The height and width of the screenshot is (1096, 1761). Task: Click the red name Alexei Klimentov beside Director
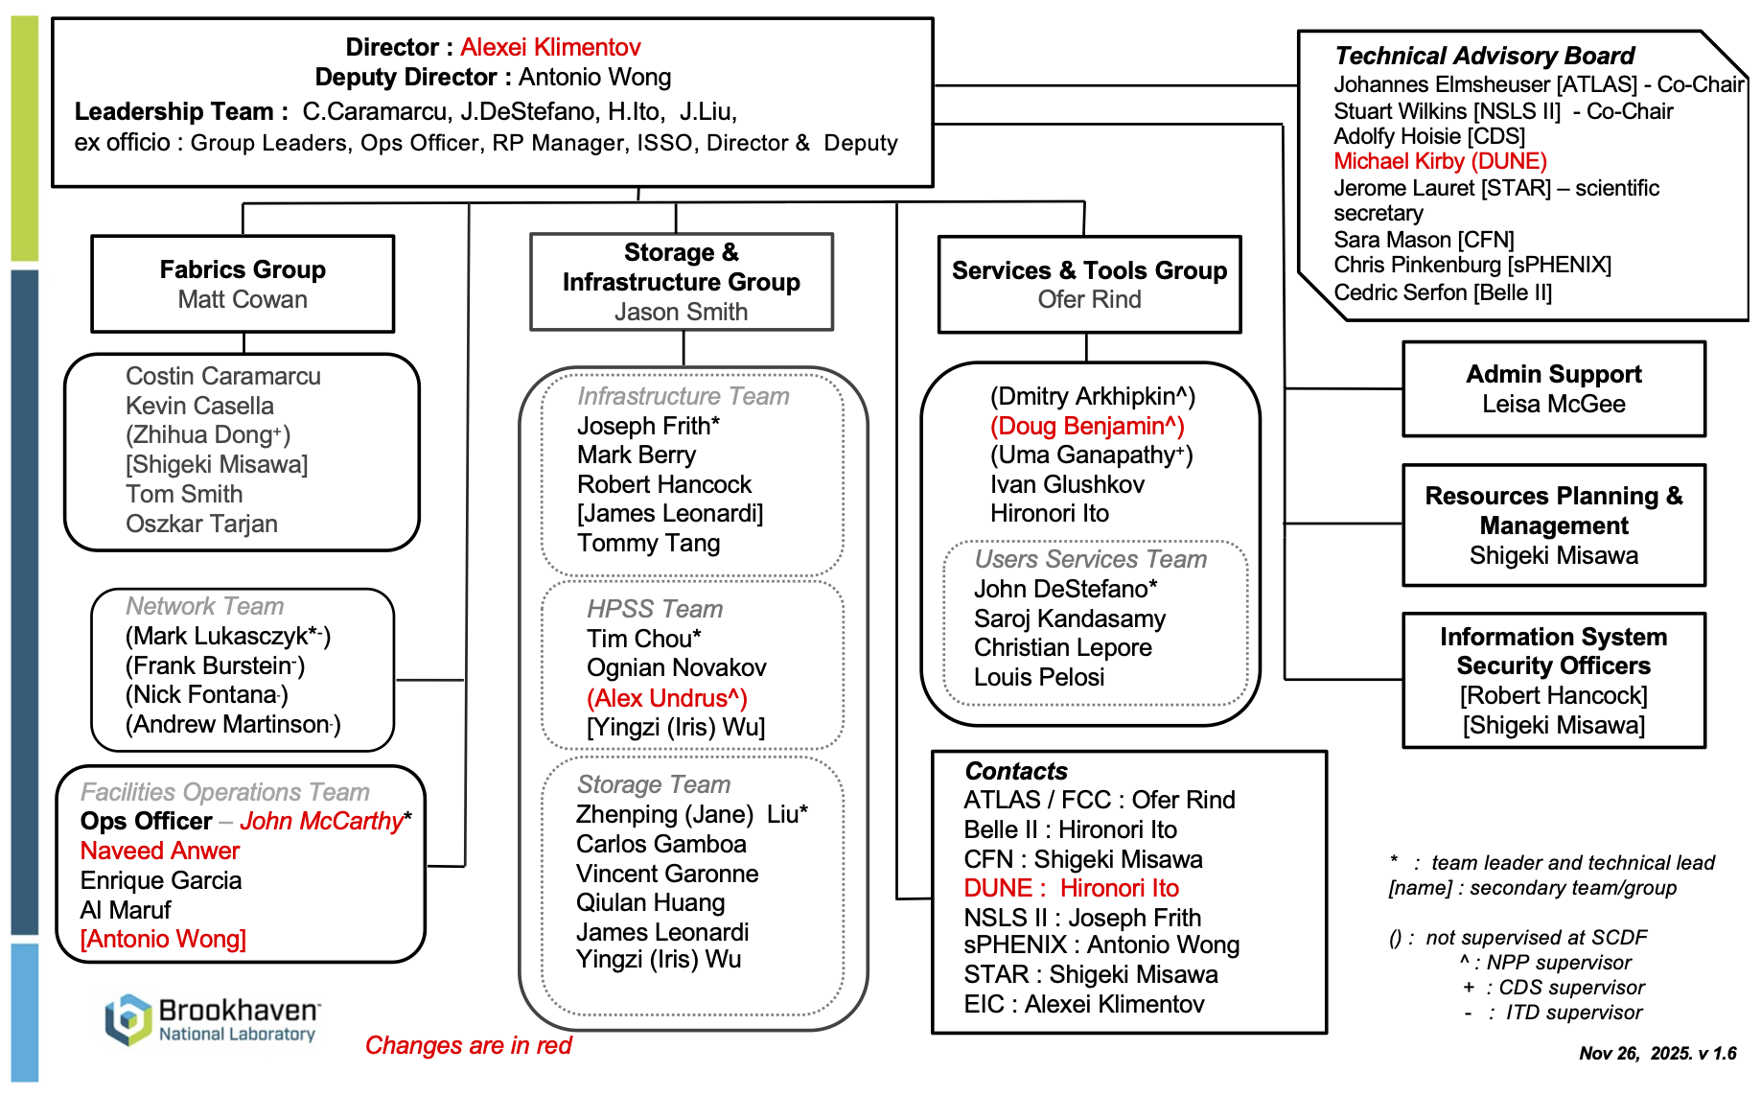(x=549, y=47)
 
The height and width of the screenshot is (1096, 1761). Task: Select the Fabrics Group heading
(x=243, y=269)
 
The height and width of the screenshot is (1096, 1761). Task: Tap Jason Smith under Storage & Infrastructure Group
(x=681, y=312)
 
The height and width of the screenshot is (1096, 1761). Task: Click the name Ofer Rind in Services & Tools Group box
(x=1089, y=299)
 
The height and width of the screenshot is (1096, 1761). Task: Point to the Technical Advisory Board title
(x=1483, y=56)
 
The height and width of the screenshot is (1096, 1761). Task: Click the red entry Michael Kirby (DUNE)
(x=1440, y=161)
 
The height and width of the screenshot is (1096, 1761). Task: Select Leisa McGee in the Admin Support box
(x=1553, y=404)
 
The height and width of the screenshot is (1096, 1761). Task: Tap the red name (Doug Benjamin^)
(x=1087, y=426)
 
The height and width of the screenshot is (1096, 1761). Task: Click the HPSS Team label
(x=655, y=609)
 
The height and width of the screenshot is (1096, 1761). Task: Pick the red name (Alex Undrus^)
(x=666, y=698)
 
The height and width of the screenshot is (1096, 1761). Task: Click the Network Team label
(x=205, y=606)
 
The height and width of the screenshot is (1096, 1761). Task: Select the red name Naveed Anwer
(x=160, y=851)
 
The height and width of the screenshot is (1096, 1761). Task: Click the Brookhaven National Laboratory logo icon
(x=128, y=1019)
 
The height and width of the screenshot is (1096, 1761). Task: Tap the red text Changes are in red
(x=468, y=1045)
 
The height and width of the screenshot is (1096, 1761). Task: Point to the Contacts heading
(x=1015, y=771)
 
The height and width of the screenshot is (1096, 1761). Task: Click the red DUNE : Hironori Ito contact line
(x=1071, y=888)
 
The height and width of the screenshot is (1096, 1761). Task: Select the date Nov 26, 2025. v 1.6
(x=1657, y=1053)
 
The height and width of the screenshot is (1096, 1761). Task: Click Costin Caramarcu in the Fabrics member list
(x=222, y=376)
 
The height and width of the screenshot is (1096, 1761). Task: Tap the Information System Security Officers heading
(x=1553, y=651)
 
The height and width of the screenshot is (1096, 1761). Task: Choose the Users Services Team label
(x=1090, y=559)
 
